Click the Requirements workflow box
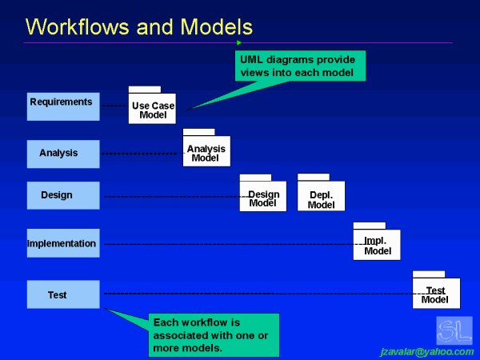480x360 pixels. (x=63, y=106)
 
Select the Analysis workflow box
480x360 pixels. (x=63, y=154)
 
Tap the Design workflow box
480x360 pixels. (x=63, y=195)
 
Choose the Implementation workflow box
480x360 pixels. (x=63, y=243)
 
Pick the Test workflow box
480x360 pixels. (x=63, y=294)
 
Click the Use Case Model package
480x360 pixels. (x=152, y=109)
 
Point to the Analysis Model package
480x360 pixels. (x=206, y=151)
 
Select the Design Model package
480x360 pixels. (x=262, y=197)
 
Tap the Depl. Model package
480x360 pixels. (x=321, y=197)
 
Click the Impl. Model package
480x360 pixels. (x=377, y=245)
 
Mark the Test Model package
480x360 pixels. (x=436, y=293)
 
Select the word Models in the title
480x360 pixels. (x=215, y=27)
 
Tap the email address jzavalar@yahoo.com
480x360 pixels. (x=426, y=351)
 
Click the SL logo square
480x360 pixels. (x=454, y=330)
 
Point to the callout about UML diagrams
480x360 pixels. (x=300, y=66)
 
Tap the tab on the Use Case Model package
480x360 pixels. (x=145, y=90)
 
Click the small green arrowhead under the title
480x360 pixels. (x=238, y=43)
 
